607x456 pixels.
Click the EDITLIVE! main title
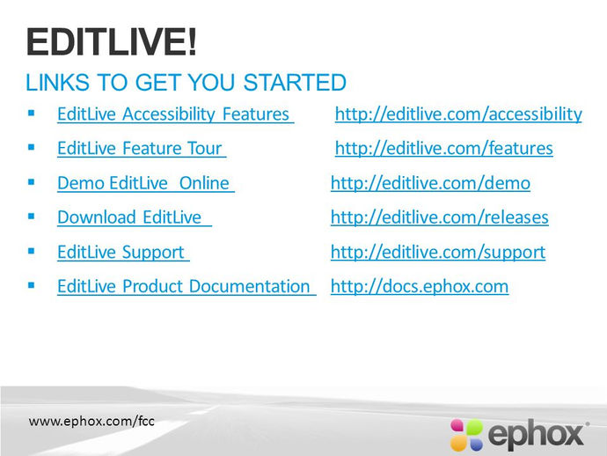[x=112, y=42]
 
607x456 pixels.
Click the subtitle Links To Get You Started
[x=186, y=83]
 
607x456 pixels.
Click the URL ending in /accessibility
[x=458, y=114]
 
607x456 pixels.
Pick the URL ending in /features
[x=444, y=149]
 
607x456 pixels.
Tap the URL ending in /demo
[x=430, y=183]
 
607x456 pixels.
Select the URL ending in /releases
[x=439, y=217]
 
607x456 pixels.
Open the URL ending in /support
[x=438, y=253]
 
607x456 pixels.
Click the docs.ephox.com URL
[x=420, y=286]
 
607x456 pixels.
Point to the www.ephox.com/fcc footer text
[x=91, y=421]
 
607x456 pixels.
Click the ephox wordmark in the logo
[x=536, y=434]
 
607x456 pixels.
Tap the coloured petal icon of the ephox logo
[x=466, y=435]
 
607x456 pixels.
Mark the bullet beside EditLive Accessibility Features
[x=32, y=114]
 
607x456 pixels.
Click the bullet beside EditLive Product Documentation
[x=32, y=285]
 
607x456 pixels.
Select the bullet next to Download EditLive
[x=32, y=217]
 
